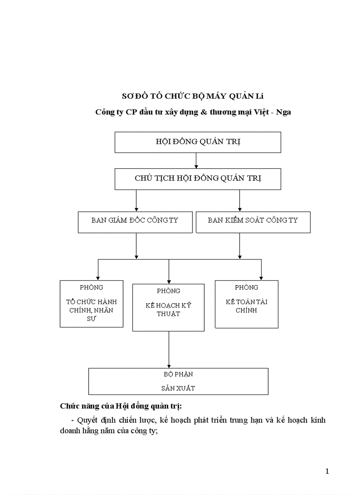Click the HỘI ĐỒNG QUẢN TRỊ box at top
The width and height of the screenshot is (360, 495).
click(198, 142)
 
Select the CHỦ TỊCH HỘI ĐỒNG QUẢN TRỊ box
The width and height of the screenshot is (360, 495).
click(198, 179)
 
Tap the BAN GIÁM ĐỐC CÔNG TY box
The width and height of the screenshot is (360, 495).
click(135, 222)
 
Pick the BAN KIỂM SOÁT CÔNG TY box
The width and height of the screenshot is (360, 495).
click(253, 222)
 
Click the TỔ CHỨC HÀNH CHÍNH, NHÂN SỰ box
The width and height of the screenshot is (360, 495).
click(91, 304)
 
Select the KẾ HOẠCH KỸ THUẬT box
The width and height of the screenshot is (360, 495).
click(168, 308)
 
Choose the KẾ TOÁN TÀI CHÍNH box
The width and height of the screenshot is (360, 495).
click(246, 304)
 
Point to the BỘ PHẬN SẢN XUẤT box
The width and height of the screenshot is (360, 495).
click(178, 381)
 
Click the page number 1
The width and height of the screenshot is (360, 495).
click(327, 472)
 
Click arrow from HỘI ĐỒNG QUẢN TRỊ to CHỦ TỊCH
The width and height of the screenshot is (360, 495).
click(196, 161)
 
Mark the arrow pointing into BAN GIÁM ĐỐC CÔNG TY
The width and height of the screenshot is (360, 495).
click(136, 202)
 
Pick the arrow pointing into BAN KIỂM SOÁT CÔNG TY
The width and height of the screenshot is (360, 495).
click(240, 202)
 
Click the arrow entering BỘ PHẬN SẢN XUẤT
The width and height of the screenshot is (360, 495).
click(169, 350)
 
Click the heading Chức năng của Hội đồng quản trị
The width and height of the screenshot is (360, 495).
click(120, 406)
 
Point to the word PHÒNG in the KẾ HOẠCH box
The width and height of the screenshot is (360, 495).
click(168, 291)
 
